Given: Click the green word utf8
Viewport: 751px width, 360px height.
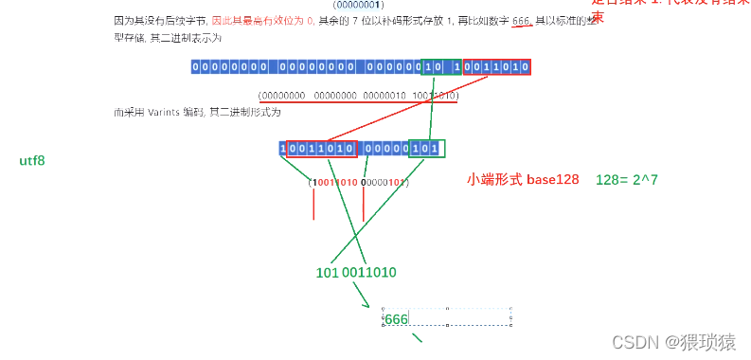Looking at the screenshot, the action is click(x=32, y=161).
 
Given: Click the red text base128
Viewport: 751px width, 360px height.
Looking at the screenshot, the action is click(x=553, y=179).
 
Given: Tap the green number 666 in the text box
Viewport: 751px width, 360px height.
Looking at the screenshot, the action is click(x=396, y=319).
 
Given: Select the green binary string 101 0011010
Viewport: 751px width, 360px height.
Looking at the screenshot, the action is click(x=355, y=272).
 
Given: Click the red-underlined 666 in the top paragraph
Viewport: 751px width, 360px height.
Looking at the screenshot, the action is click(x=520, y=21).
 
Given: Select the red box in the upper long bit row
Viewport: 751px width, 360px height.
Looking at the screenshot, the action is click(x=496, y=67).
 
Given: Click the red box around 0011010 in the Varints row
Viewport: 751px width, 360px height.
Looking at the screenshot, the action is click(x=322, y=149).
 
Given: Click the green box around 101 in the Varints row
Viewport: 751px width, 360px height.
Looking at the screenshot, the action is click(x=427, y=149).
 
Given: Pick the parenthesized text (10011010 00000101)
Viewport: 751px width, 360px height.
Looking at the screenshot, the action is click(x=358, y=182).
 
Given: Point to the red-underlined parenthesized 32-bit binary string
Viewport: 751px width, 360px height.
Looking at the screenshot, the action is click(x=358, y=96).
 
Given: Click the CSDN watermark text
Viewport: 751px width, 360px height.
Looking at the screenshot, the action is click(x=673, y=341).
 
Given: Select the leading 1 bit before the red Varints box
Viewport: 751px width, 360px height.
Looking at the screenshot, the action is click(x=282, y=149).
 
